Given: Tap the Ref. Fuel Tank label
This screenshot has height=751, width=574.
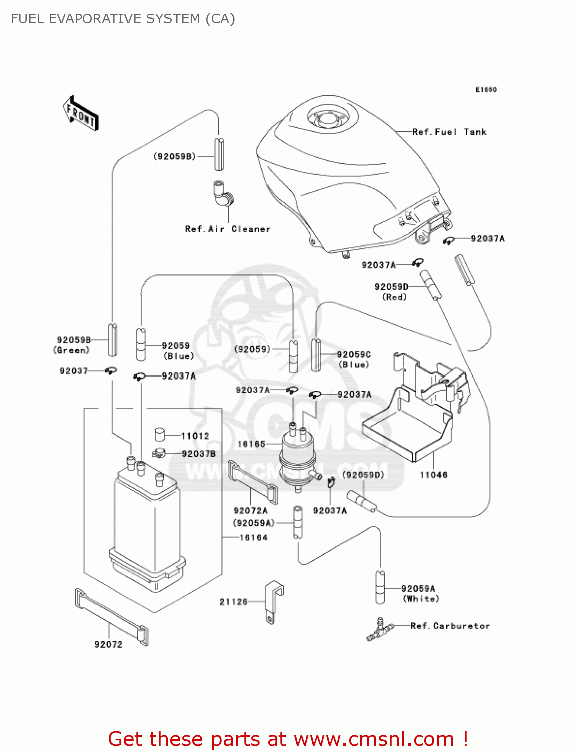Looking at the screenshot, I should [x=449, y=132].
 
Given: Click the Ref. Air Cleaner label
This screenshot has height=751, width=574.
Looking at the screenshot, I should [x=227, y=229].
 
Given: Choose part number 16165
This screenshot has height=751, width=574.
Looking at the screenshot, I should [x=251, y=444].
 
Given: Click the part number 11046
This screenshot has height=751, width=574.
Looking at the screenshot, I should [x=433, y=475].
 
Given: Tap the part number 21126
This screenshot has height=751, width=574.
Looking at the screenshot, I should [x=234, y=602].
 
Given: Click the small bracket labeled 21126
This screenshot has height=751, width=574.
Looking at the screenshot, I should [x=273, y=601].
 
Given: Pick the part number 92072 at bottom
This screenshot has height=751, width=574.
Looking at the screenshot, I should [x=108, y=645].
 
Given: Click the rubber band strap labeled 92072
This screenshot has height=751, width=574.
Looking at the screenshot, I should [x=111, y=617].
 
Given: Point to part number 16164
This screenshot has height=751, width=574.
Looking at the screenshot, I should [x=253, y=537].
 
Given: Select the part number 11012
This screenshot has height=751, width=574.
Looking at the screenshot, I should [x=195, y=436].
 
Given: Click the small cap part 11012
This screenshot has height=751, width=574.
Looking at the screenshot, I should [x=160, y=434].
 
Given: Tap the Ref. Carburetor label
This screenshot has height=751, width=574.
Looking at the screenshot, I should [x=450, y=626].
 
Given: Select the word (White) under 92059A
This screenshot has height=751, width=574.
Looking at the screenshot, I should [x=421, y=599].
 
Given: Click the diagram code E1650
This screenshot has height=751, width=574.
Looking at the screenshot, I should [x=486, y=90].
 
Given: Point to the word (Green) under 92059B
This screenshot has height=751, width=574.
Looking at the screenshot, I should [x=71, y=350].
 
